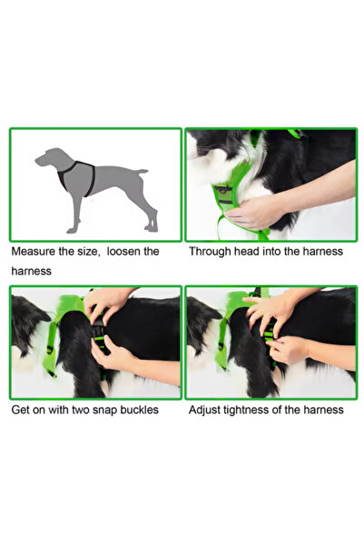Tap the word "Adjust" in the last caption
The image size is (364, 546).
[206, 410]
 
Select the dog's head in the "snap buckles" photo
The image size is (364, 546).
[27, 323]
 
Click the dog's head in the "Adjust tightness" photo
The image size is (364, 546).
[202, 323]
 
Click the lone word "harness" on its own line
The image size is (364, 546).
[32, 271]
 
